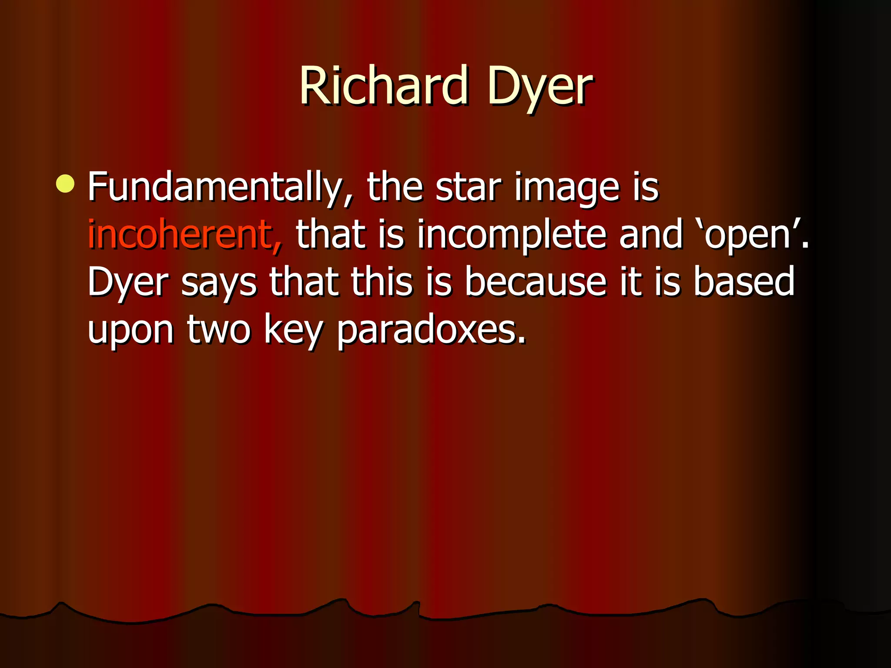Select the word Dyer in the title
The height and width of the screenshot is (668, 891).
(539, 87)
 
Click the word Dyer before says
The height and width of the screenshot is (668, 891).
(128, 283)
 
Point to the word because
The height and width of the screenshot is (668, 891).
(536, 282)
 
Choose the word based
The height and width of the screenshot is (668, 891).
(744, 282)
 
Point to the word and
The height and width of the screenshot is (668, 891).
(651, 235)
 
